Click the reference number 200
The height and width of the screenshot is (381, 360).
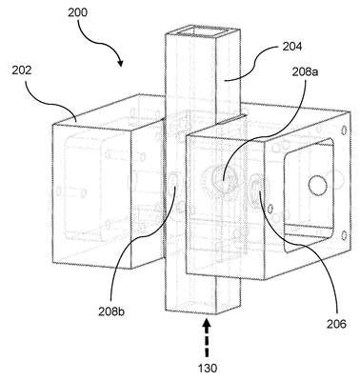pyautogui.click(x=77, y=13)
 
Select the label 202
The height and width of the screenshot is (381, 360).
pyautogui.click(x=22, y=70)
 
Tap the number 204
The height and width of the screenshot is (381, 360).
pyautogui.click(x=291, y=47)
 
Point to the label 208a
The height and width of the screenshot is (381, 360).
pyautogui.click(x=306, y=71)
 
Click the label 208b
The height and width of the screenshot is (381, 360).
pyautogui.click(x=111, y=311)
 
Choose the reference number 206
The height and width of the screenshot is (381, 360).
pyautogui.click(x=336, y=324)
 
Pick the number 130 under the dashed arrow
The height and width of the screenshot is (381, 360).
pyautogui.click(x=208, y=369)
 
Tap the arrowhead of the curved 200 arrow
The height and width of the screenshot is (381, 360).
pyautogui.click(x=120, y=63)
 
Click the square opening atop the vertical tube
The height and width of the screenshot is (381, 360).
pyautogui.click(x=203, y=32)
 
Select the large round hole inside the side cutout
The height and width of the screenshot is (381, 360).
pyautogui.click(x=317, y=185)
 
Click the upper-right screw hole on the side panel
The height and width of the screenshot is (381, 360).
pyautogui.click(x=344, y=130)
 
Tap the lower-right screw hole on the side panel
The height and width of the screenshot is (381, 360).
pyautogui.click(x=344, y=235)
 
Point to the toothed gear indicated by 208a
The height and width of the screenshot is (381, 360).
pyautogui.click(x=222, y=181)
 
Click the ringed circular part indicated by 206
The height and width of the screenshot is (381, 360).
pyautogui.click(x=258, y=190)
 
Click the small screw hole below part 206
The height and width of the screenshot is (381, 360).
pyautogui.click(x=270, y=209)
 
